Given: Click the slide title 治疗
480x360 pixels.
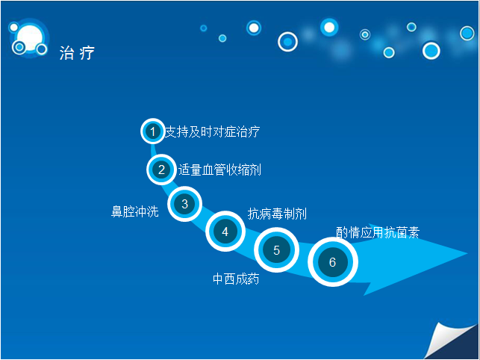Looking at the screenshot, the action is coord(77,53).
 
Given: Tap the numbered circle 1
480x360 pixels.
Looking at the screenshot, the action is coord(153,131).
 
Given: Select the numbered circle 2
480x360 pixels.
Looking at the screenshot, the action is coord(161,170).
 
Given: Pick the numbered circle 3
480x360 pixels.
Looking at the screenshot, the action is coord(184,204).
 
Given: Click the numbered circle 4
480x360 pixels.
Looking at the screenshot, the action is coord(225,232).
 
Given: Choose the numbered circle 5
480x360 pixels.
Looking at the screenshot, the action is coord(276,250).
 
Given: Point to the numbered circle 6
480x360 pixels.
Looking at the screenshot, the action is coord(333,262).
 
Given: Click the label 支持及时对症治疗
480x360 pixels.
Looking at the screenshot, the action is coord(212,131).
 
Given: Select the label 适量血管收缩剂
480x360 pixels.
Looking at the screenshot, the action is coord(219,170).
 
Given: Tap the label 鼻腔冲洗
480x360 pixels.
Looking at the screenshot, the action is coord(134,211).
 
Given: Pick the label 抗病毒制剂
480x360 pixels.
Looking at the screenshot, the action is coord(277,214).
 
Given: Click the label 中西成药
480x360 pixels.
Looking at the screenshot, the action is coord(236,279).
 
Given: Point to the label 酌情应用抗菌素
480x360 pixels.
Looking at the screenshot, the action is coord(378,232).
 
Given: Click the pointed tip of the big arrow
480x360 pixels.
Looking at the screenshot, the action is coord(467,253).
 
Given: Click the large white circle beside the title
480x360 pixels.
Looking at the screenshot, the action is coord(30,37).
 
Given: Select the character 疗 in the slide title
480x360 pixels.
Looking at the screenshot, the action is coord(87,53).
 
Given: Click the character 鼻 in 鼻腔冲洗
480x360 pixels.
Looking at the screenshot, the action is coord(116,211).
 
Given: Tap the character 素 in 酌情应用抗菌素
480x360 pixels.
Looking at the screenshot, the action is coord(414,232).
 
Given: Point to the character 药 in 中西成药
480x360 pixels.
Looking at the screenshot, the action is coord(254,279).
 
